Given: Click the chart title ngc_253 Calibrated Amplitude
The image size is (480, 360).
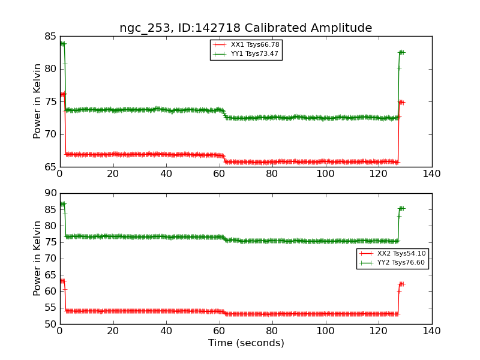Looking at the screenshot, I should tap(245, 28).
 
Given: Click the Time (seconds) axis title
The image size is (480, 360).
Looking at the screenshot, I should tap(246, 343).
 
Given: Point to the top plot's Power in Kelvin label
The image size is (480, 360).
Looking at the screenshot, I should tap(38, 101).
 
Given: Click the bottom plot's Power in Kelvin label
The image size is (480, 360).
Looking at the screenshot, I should tap(38, 258).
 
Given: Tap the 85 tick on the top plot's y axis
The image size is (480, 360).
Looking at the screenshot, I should tap(49, 37).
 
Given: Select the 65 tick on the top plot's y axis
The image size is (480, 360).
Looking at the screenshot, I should tap(49, 167).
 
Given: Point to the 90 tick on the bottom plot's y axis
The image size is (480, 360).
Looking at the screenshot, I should tap(49, 193).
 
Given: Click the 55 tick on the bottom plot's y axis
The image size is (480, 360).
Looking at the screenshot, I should tap(49, 308).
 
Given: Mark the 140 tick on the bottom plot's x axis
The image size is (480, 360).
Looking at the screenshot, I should tap(431, 331).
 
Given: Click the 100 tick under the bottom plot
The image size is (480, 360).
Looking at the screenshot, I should tap(325, 331).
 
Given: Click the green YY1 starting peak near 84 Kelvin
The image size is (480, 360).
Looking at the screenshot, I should tap(62, 44).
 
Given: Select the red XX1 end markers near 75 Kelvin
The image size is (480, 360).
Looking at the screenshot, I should tap(401, 102).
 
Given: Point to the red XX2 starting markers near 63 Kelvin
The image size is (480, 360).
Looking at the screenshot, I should tap(62, 281).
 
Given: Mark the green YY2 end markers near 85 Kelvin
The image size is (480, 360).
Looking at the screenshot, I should tap(401, 208).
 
